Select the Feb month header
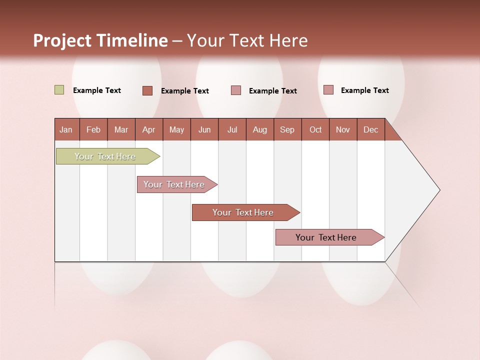(93, 129)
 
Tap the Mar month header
(121, 129)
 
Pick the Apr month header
(149, 129)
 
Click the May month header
(176, 129)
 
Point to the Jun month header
(204, 129)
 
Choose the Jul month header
(232, 129)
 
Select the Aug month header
(260, 129)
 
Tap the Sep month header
(287, 129)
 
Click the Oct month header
(315, 129)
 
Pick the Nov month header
(343, 129)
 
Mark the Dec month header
(371, 129)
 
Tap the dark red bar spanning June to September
(243, 212)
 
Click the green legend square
(59, 90)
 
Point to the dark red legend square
(147, 90)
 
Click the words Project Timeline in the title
(100, 40)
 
